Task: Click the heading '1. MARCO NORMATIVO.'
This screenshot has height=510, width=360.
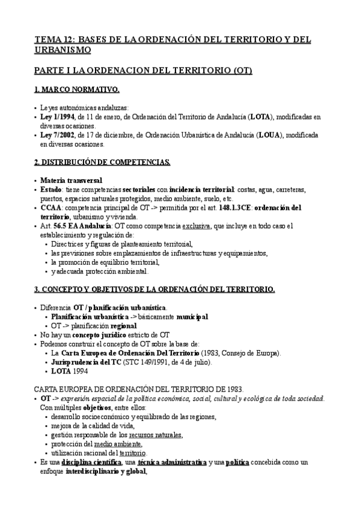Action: (x=76, y=90)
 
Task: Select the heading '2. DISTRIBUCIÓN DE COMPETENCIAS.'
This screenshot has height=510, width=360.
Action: (x=102, y=162)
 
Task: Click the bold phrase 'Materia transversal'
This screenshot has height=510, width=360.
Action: (x=71, y=180)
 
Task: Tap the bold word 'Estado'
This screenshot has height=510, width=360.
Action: (x=52, y=189)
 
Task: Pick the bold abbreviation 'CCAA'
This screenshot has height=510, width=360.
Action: (x=50, y=207)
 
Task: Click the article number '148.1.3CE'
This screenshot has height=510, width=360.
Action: (x=237, y=207)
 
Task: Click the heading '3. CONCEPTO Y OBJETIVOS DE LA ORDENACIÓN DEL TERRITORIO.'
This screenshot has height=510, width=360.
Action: (x=154, y=289)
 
